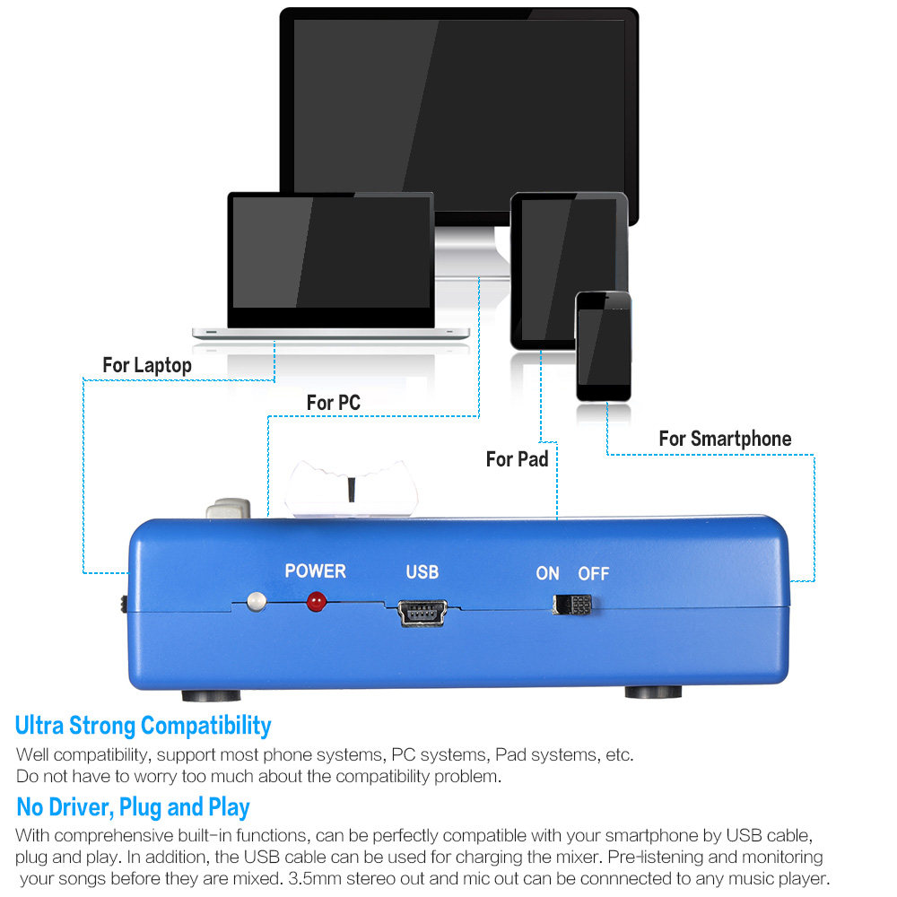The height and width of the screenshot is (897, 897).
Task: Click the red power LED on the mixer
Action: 315,602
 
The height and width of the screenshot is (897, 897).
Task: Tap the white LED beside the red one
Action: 257,599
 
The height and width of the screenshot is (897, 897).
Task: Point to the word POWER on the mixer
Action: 315,571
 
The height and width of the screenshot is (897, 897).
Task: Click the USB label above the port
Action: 422,572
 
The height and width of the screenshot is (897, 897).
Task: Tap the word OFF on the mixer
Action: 593,574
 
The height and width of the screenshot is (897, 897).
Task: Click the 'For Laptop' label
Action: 146,365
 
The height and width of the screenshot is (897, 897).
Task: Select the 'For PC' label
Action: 333,403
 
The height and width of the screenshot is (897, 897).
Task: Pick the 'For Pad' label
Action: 517,459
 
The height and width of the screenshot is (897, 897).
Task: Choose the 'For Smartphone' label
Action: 725,439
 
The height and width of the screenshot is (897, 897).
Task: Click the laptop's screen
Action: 330,252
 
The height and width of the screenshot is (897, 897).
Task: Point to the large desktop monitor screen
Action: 459,108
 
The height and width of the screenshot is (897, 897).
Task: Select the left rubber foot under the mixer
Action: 211,695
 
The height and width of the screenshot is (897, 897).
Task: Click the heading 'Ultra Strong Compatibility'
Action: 144,725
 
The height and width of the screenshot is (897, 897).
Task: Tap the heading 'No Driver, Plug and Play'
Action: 133,806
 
